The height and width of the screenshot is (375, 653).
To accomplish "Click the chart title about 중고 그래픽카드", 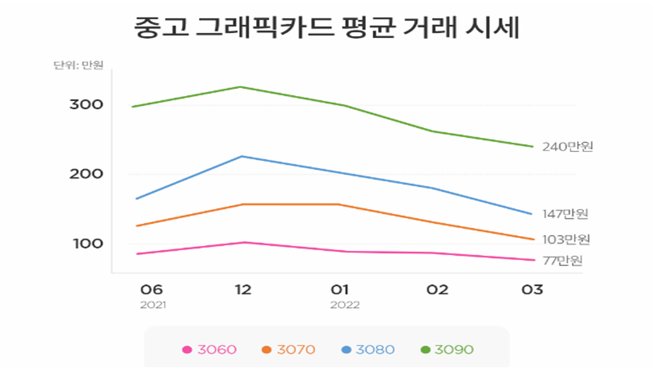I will click(x=326, y=29).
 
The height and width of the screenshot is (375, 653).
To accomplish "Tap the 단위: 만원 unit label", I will click(x=78, y=66).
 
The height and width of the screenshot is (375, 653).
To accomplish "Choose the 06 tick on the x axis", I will click(x=152, y=290).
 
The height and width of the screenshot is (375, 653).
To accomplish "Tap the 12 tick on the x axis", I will click(x=243, y=290).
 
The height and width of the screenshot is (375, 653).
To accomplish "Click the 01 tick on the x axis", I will click(x=341, y=290).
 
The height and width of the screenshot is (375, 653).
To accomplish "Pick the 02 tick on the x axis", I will click(x=437, y=290).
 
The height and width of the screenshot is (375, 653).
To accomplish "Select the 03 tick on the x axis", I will click(x=532, y=290).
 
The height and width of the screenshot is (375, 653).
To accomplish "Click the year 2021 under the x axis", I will click(x=152, y=306).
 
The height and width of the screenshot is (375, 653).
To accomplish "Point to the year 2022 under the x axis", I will click(x=345, y=306).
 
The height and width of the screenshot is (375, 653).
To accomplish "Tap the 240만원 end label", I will click(x=568, y=147).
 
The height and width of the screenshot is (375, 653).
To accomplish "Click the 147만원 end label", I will click(x=565, y=214).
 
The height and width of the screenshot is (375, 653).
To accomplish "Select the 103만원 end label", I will click(x=566, y=240).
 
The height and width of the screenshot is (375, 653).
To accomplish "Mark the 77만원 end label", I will click(x=563, y=261).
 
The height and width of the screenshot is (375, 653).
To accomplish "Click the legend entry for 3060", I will click(x=209, y=350).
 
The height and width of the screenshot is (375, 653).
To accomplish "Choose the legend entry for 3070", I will click(x=288, y=350).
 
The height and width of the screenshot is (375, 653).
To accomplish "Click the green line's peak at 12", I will click(x=241, y=87).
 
